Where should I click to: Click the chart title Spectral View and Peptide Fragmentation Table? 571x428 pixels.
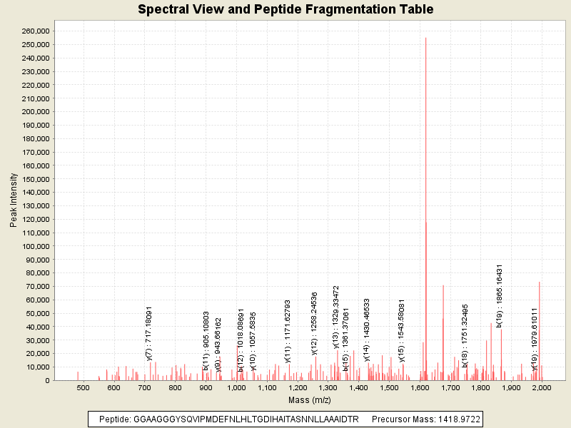(285, 10)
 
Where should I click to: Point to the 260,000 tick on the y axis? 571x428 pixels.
(35, 31)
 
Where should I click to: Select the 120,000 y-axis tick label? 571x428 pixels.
(35, 220)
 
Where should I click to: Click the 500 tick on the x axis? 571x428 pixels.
(83, 387)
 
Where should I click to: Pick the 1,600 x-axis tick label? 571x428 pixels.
(420, 387)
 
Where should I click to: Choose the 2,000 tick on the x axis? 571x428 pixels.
(542, 387)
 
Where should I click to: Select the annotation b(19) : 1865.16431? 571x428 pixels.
(500, 296)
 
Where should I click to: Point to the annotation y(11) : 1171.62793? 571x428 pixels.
(288, 331)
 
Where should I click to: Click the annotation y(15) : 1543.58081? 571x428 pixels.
(402, 330)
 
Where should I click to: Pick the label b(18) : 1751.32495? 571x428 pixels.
(465, 335)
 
